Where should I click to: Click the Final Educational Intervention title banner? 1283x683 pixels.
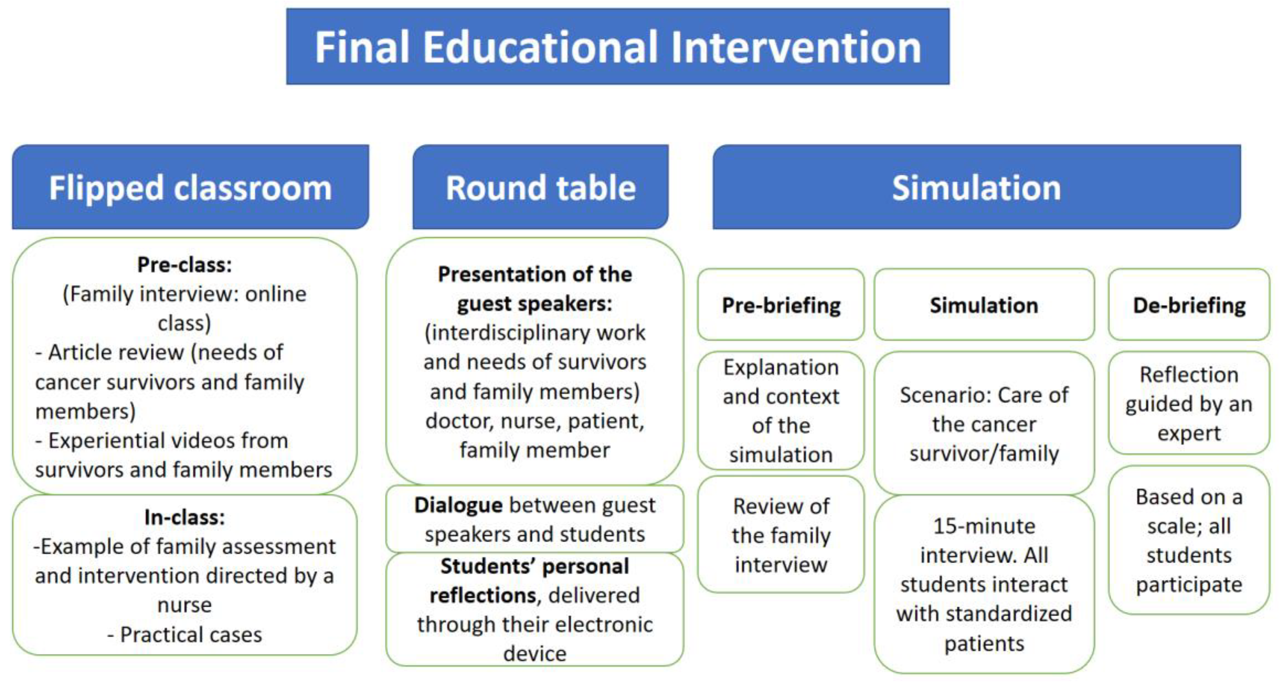tap(618, 46)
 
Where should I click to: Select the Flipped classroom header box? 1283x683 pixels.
tap(190, 187)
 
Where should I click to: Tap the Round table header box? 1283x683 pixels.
tap(541, 187)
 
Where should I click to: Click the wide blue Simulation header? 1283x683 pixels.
tap(977, 187)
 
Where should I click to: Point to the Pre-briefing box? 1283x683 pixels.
tap(781, 305)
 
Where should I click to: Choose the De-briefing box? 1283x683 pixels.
tap(1189, 305)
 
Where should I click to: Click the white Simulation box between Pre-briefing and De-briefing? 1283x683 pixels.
tap(984, 305)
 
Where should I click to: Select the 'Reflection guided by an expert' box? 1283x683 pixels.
tap(1189, 403)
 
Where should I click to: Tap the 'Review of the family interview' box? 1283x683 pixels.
tap(781, 535)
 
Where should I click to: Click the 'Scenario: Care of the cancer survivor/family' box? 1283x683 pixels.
tap(984, 423)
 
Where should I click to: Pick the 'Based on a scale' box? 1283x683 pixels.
tap(1189, 540)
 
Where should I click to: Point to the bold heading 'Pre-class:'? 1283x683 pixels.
tap(185, 265)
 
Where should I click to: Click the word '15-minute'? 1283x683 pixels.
tap(984, 526)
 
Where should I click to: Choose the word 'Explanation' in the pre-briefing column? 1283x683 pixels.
tap(781, 368)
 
